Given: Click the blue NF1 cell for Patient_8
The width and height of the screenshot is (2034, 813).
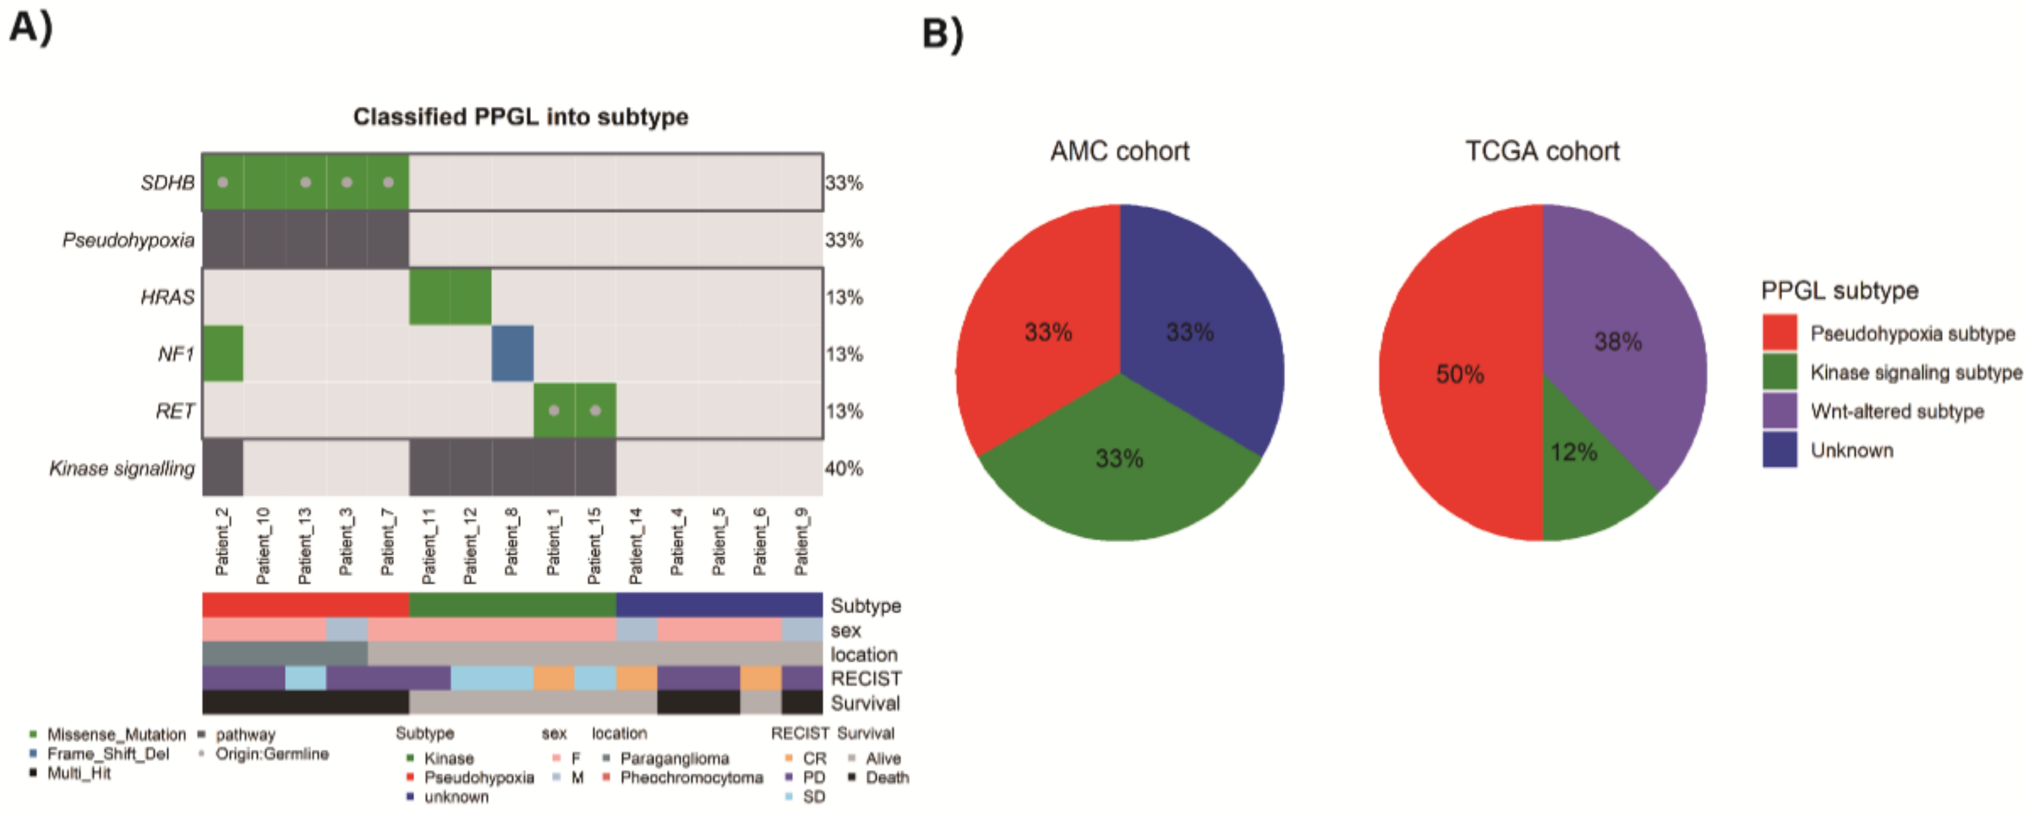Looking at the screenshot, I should coord(512,353).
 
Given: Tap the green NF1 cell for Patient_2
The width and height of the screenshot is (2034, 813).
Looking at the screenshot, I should coord(223,353).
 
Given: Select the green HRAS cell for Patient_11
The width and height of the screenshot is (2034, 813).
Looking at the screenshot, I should coord(429,297).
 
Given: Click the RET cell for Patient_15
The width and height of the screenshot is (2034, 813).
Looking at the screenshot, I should coord(595,411).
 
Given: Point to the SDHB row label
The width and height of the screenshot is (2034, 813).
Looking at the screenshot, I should coord(167,183).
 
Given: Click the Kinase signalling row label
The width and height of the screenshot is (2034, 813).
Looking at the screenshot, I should coord(122,469).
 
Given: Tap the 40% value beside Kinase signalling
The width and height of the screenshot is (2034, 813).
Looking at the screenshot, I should coord(843,469).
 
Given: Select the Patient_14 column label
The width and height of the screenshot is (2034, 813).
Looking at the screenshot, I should coord(636,544).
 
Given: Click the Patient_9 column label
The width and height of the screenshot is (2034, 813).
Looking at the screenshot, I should coord(801,541).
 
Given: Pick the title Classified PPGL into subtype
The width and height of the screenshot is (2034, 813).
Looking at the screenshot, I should coord(520,117).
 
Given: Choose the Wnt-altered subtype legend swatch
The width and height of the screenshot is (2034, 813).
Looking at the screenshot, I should coord(1779,411).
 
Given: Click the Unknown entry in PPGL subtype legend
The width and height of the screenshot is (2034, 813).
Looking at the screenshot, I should coord(1851,450).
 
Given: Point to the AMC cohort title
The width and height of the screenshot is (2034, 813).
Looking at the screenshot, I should coord(1119,151).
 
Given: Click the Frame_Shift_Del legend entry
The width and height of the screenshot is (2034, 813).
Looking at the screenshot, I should coord(107,754).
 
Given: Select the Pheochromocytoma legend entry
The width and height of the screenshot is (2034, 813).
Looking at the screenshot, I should coord(691,778).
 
